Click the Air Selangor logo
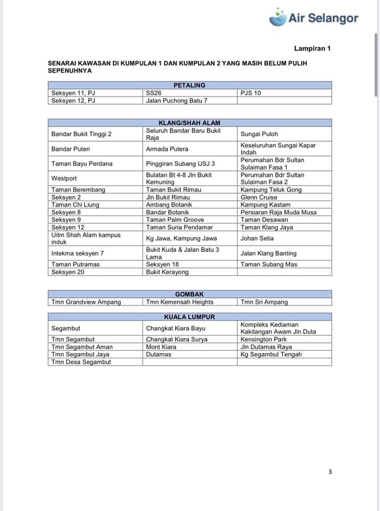point(313,18)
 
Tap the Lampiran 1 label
point(312,48)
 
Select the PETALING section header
point(189,85)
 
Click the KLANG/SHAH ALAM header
point(189,123)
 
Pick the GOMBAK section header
point(189,294)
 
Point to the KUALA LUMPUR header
point(189,317)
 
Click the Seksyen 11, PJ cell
point(73,93)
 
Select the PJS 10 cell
point(251,93)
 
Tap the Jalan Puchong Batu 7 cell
point(177,100)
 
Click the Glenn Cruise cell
point(259,197)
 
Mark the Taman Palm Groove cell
point(175,219)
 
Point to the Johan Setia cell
point(257,238)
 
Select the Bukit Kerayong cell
point(167,272)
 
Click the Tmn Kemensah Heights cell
point(180,302)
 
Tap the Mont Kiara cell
point(161,347)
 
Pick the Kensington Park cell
point(263,339)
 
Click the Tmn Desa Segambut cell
point(81,362)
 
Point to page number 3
point(330,472)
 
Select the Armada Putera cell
point(167,149)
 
